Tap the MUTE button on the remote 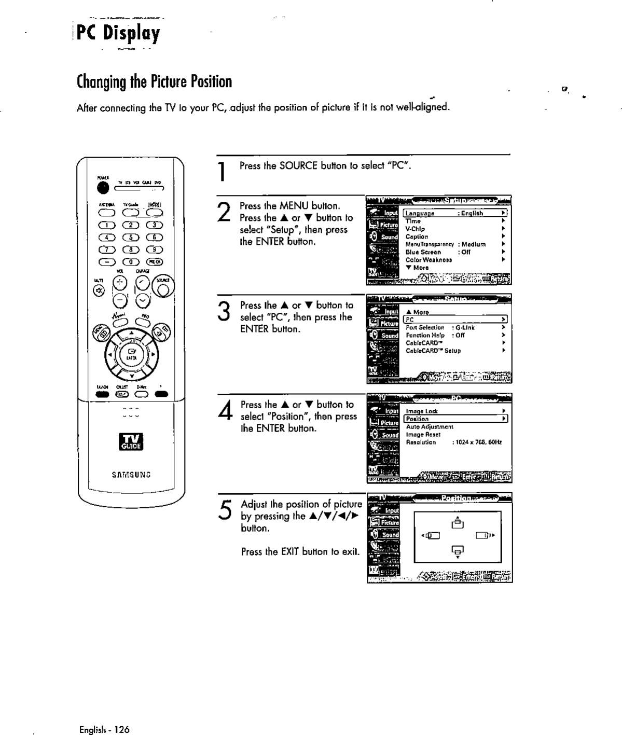pos(96,289)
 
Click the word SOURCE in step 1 pos(298,166)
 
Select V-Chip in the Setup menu pos(415,229)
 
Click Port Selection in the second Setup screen pos(425,327)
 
